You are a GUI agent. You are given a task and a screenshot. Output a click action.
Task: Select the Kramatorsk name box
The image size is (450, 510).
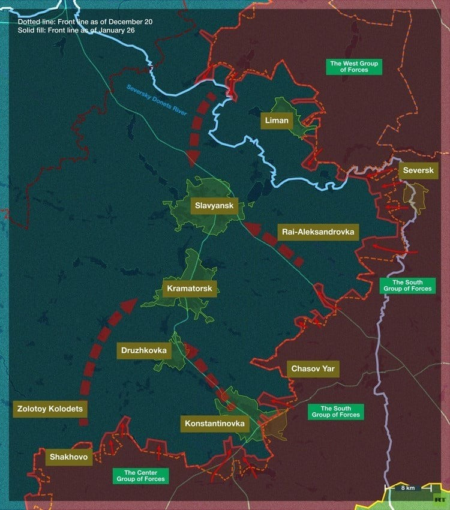pos(189,289)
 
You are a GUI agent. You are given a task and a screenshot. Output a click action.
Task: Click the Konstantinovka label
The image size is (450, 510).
pos(215,424)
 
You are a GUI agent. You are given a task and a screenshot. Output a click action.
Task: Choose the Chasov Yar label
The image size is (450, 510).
pos(313,368)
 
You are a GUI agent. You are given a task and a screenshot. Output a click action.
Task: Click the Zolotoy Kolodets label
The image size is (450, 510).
pos(50,409)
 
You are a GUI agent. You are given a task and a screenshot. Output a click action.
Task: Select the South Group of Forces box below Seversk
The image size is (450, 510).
pos(407,286)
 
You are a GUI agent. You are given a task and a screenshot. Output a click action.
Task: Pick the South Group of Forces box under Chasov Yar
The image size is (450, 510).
pos(335,412)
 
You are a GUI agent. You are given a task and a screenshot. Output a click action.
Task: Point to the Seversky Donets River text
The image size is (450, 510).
pos(157,100)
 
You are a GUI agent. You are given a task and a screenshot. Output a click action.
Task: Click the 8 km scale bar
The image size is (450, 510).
pos(407,487)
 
